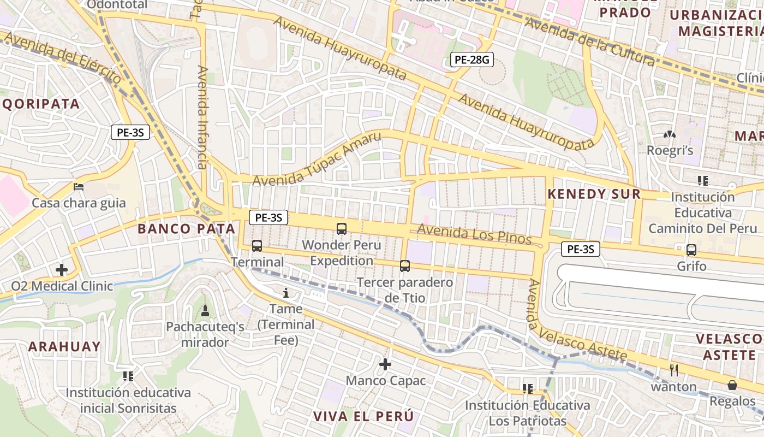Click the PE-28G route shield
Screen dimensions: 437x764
[x=471, y=60]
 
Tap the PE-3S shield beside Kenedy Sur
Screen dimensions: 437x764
[x=581, y=250]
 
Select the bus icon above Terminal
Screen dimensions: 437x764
[x=257, y=246]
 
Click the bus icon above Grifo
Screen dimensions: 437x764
[x=691, y=250]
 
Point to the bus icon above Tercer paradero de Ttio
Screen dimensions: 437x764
[x=404, y=266]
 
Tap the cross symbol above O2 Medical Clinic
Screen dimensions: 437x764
[x=62, y=269]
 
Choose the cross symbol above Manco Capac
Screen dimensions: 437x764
[x=385, y=364]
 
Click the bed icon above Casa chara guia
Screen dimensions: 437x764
[x=79, y=186]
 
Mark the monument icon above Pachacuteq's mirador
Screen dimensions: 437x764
[x=205, y=311]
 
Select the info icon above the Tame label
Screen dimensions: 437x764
[x=285, y=293]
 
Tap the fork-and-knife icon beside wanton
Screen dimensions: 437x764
[x=674, y=370]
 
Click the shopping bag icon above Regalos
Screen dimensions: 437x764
[x=732, y=385]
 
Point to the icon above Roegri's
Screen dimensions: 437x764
[x=669, y=134]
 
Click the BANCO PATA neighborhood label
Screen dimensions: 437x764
[x=186, y=229]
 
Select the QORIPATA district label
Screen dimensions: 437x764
[x=41, y=104]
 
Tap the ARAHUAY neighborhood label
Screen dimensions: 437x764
[x=64, y=346]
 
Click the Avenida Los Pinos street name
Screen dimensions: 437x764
[x=474, y=234]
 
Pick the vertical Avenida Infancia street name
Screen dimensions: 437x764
[x=202, y=117]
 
